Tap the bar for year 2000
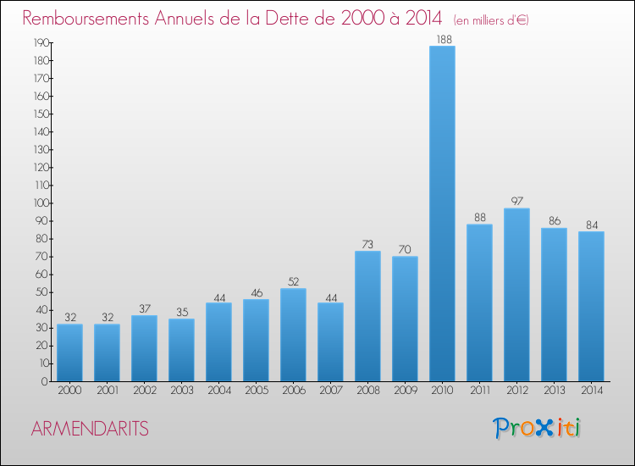(69, 352)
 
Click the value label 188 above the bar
(442, 39)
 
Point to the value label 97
(516, 202)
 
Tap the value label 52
(293, 281)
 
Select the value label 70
(405, 249)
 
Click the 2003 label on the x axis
(181, 391)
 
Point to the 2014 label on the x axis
(591, 391)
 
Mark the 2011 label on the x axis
(479, 391)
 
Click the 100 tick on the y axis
(40, 203)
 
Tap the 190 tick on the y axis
(40, 42)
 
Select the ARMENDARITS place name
(90, 429)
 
